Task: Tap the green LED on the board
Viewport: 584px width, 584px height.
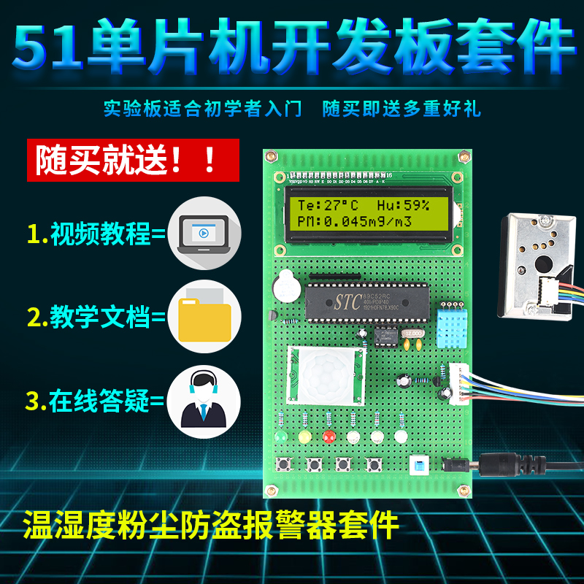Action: (x=280, y=437)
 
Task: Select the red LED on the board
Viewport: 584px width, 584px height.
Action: (x=328, y=437)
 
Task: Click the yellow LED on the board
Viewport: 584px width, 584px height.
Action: (x=304, y=437)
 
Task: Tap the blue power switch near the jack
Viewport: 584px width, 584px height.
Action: (x=419, y=466)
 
